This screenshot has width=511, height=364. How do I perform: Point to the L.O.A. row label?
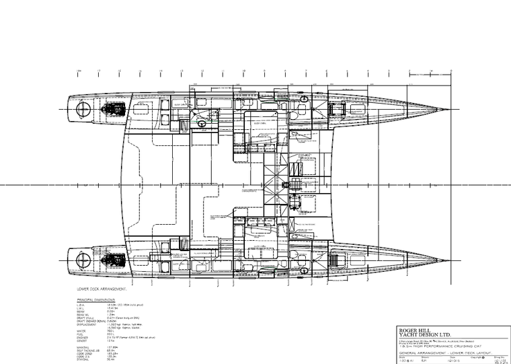point(81,305)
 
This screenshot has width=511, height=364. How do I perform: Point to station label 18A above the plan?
point(79,70)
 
